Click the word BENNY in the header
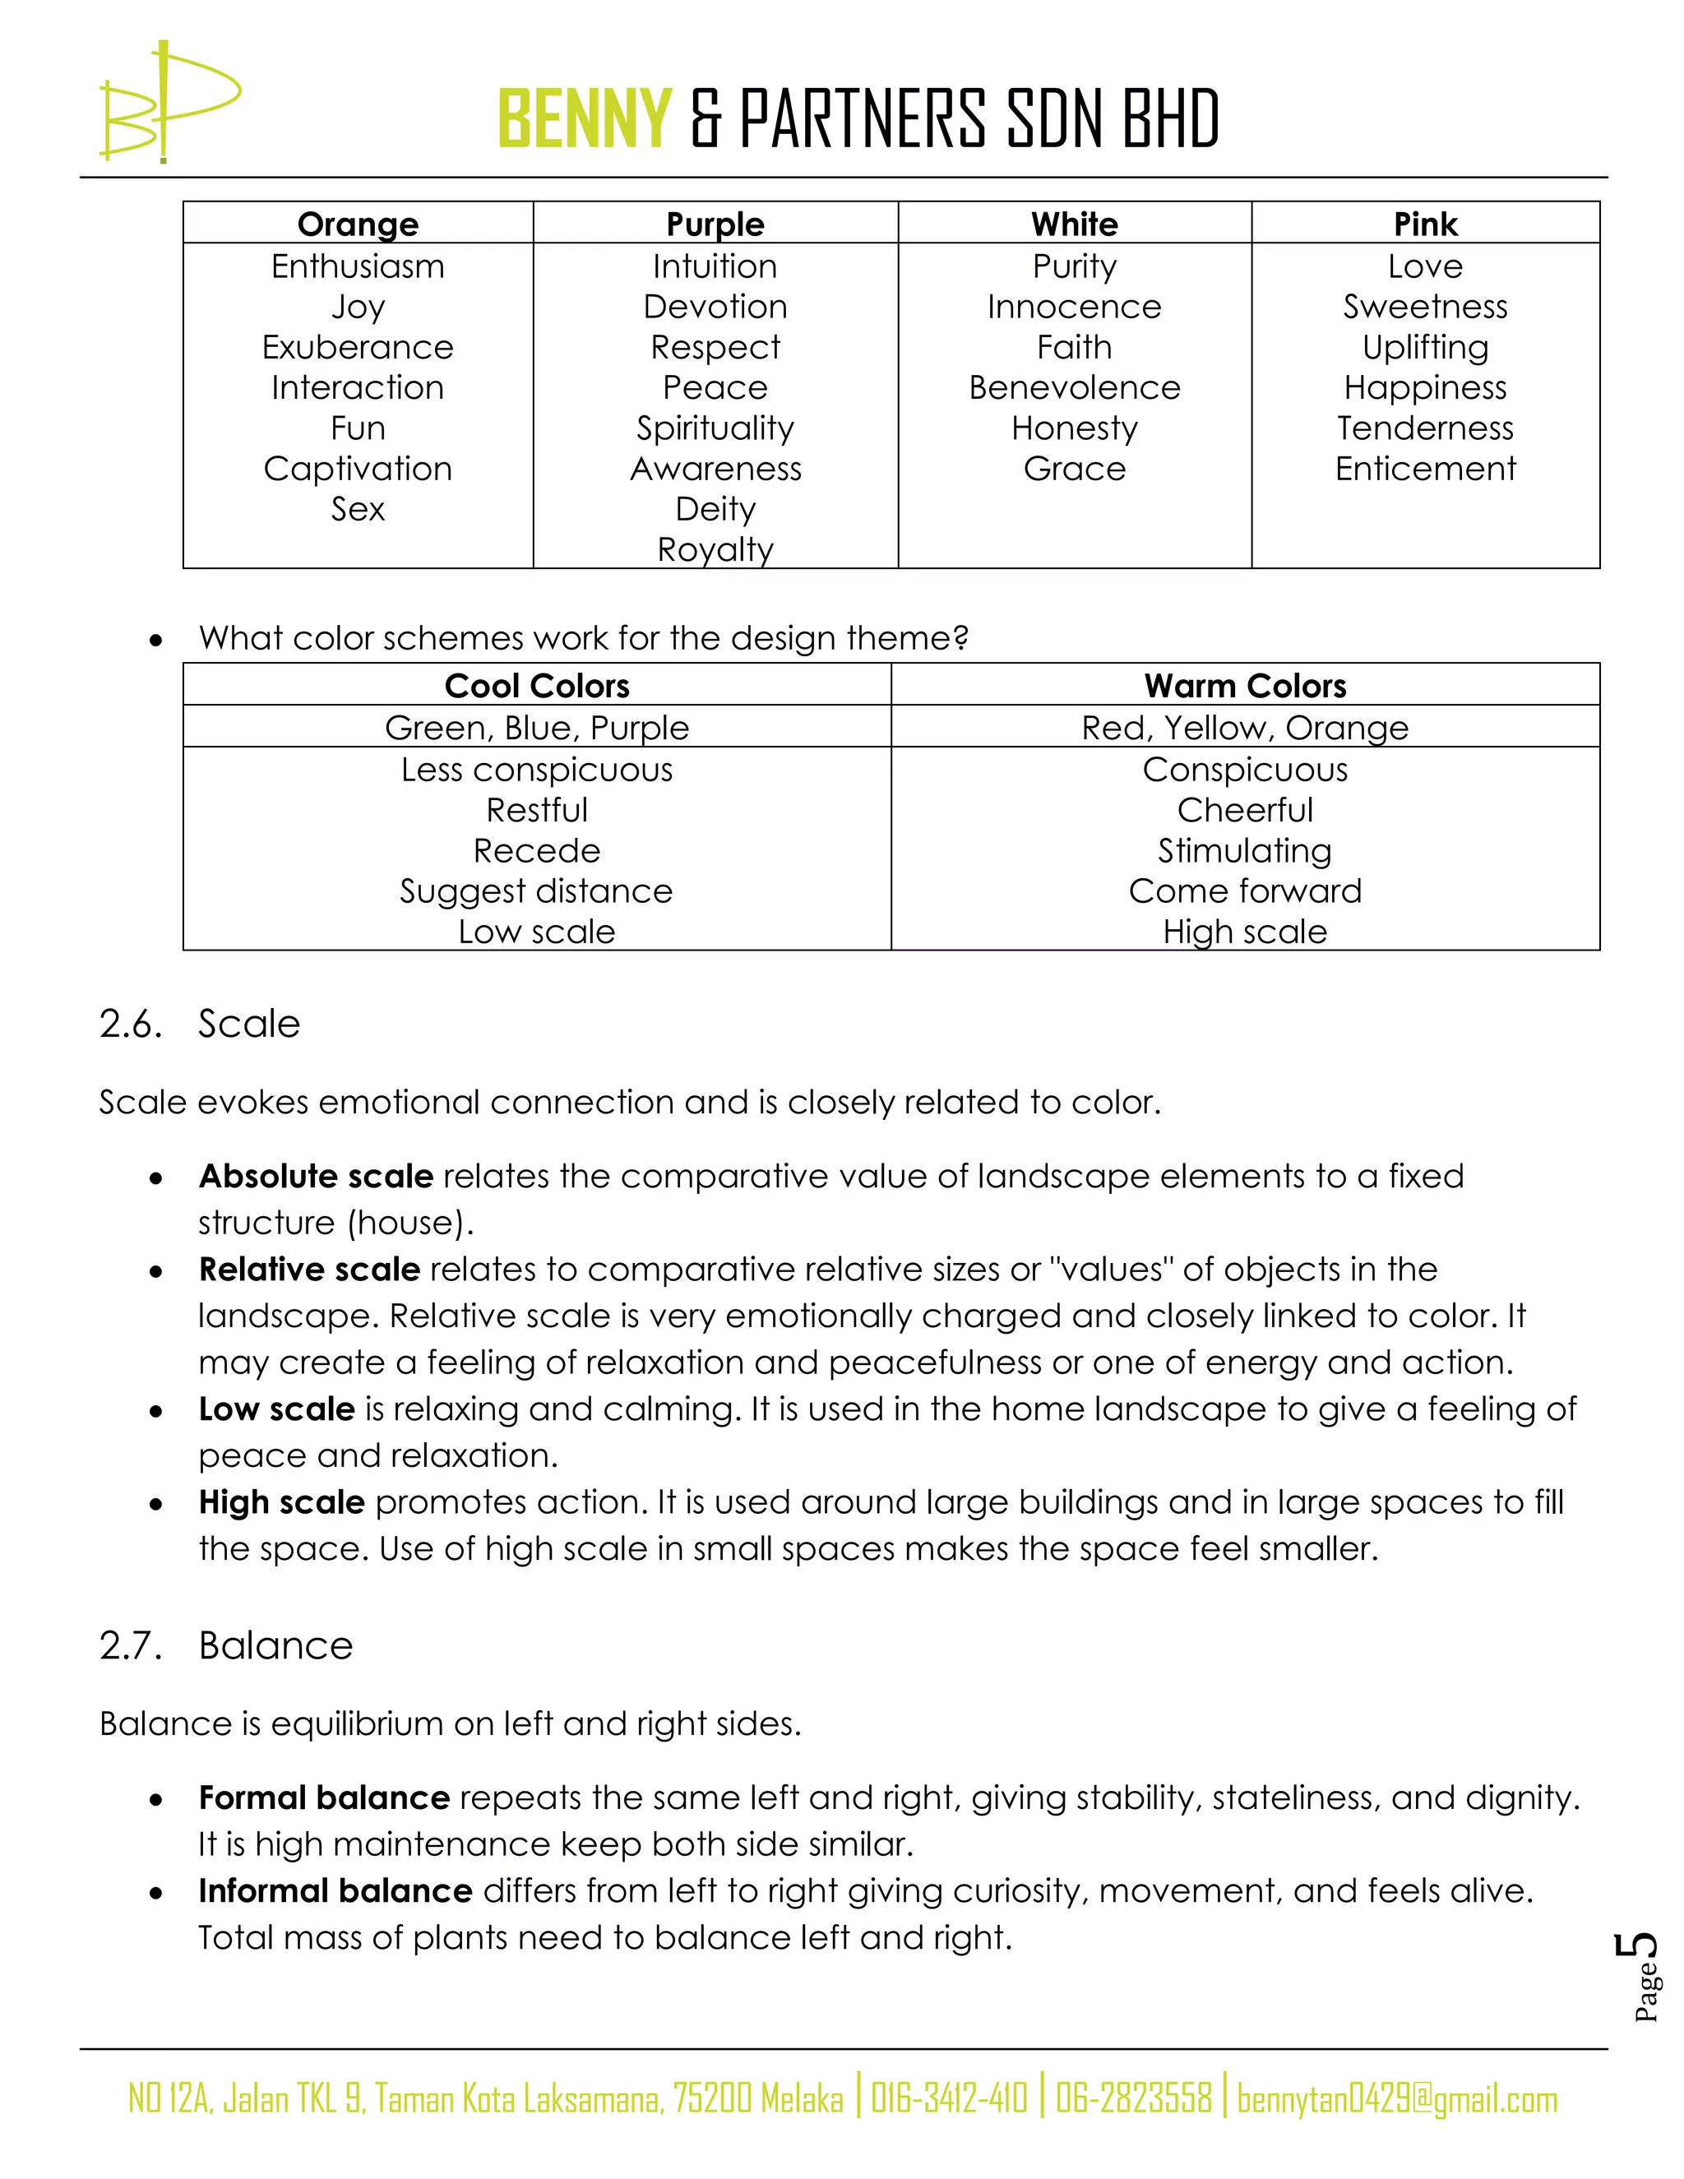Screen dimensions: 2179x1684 [x=585, y=118]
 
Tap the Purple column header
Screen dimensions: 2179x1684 [x=715, y=224]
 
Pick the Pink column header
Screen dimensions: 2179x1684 [x=1425, y=224]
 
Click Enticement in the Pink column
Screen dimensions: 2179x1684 [x=1425, y=468]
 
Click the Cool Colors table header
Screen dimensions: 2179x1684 [x=537, y=686]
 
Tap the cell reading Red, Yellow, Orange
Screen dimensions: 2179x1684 [x=1244, y=728]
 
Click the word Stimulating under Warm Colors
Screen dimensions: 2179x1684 [x=1244, y=850]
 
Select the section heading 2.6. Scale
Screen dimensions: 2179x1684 [x=200, y=1024]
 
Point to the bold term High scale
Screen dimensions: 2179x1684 [x=281, y=1501]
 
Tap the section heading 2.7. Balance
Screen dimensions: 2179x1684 [x=225, y=1645]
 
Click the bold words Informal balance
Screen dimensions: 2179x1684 [x=335, y=1890]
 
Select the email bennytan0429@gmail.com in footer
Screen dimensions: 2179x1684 [x=1397, y=2099]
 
